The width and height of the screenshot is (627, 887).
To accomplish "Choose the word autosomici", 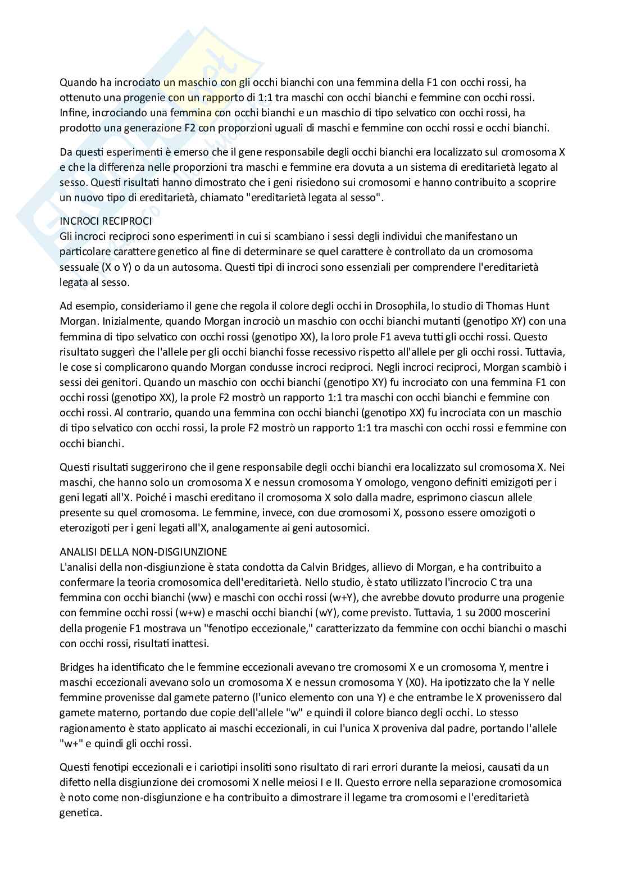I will pos(340,527).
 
